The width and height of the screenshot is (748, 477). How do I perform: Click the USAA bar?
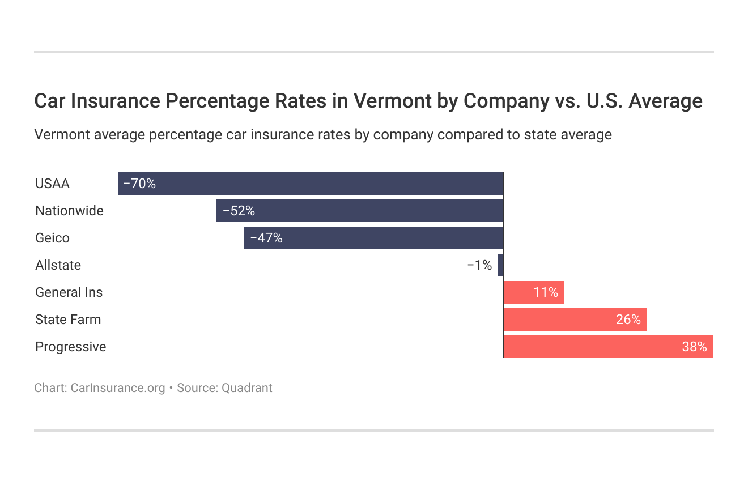point(311,184)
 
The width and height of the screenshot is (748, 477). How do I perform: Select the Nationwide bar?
point(360,211)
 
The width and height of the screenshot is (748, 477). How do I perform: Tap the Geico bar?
point(373,238)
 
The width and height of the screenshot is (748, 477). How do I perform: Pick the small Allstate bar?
point(500,265)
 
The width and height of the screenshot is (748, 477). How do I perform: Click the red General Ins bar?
point(534,292)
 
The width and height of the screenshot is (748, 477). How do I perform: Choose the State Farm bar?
point(575,320)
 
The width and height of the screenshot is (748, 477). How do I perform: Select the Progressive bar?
point(608,347)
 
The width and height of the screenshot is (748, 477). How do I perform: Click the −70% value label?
point(139,184)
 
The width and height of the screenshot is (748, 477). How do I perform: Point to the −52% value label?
point(239,211)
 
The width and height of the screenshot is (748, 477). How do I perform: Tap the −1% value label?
point(479,265)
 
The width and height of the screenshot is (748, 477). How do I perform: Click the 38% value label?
point(694,347)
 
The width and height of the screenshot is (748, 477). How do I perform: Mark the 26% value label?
point(628,320)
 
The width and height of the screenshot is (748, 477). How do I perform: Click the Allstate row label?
point(58,265)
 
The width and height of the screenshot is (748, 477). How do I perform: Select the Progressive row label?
point(70,347)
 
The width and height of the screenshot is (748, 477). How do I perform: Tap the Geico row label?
point(52,238)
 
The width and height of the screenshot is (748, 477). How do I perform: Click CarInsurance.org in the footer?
point(118,388)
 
